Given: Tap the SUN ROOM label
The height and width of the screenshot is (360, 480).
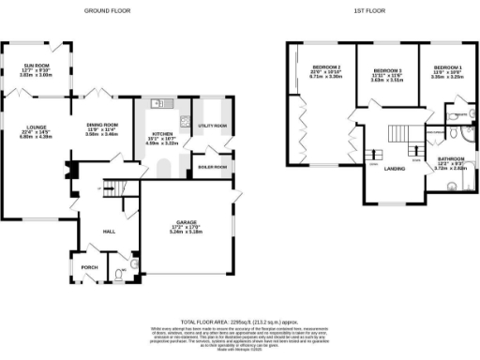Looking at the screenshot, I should [x=37, y=66].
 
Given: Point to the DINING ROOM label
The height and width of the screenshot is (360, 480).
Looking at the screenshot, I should [x=103, y=125].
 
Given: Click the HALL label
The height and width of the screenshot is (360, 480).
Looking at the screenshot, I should [x=109, y=230].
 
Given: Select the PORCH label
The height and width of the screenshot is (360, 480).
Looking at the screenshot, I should [x=90, y=265].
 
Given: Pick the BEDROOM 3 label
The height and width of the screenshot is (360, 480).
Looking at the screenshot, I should [x=386, y=71].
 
